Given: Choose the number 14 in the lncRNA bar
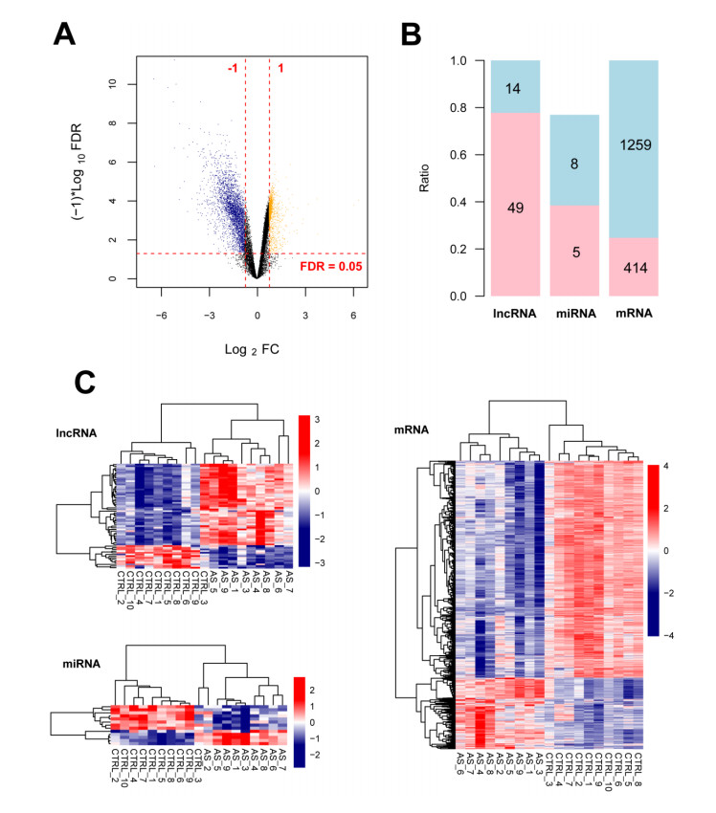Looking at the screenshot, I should (515, 88).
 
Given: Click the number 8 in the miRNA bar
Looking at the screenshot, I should (575, 165).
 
